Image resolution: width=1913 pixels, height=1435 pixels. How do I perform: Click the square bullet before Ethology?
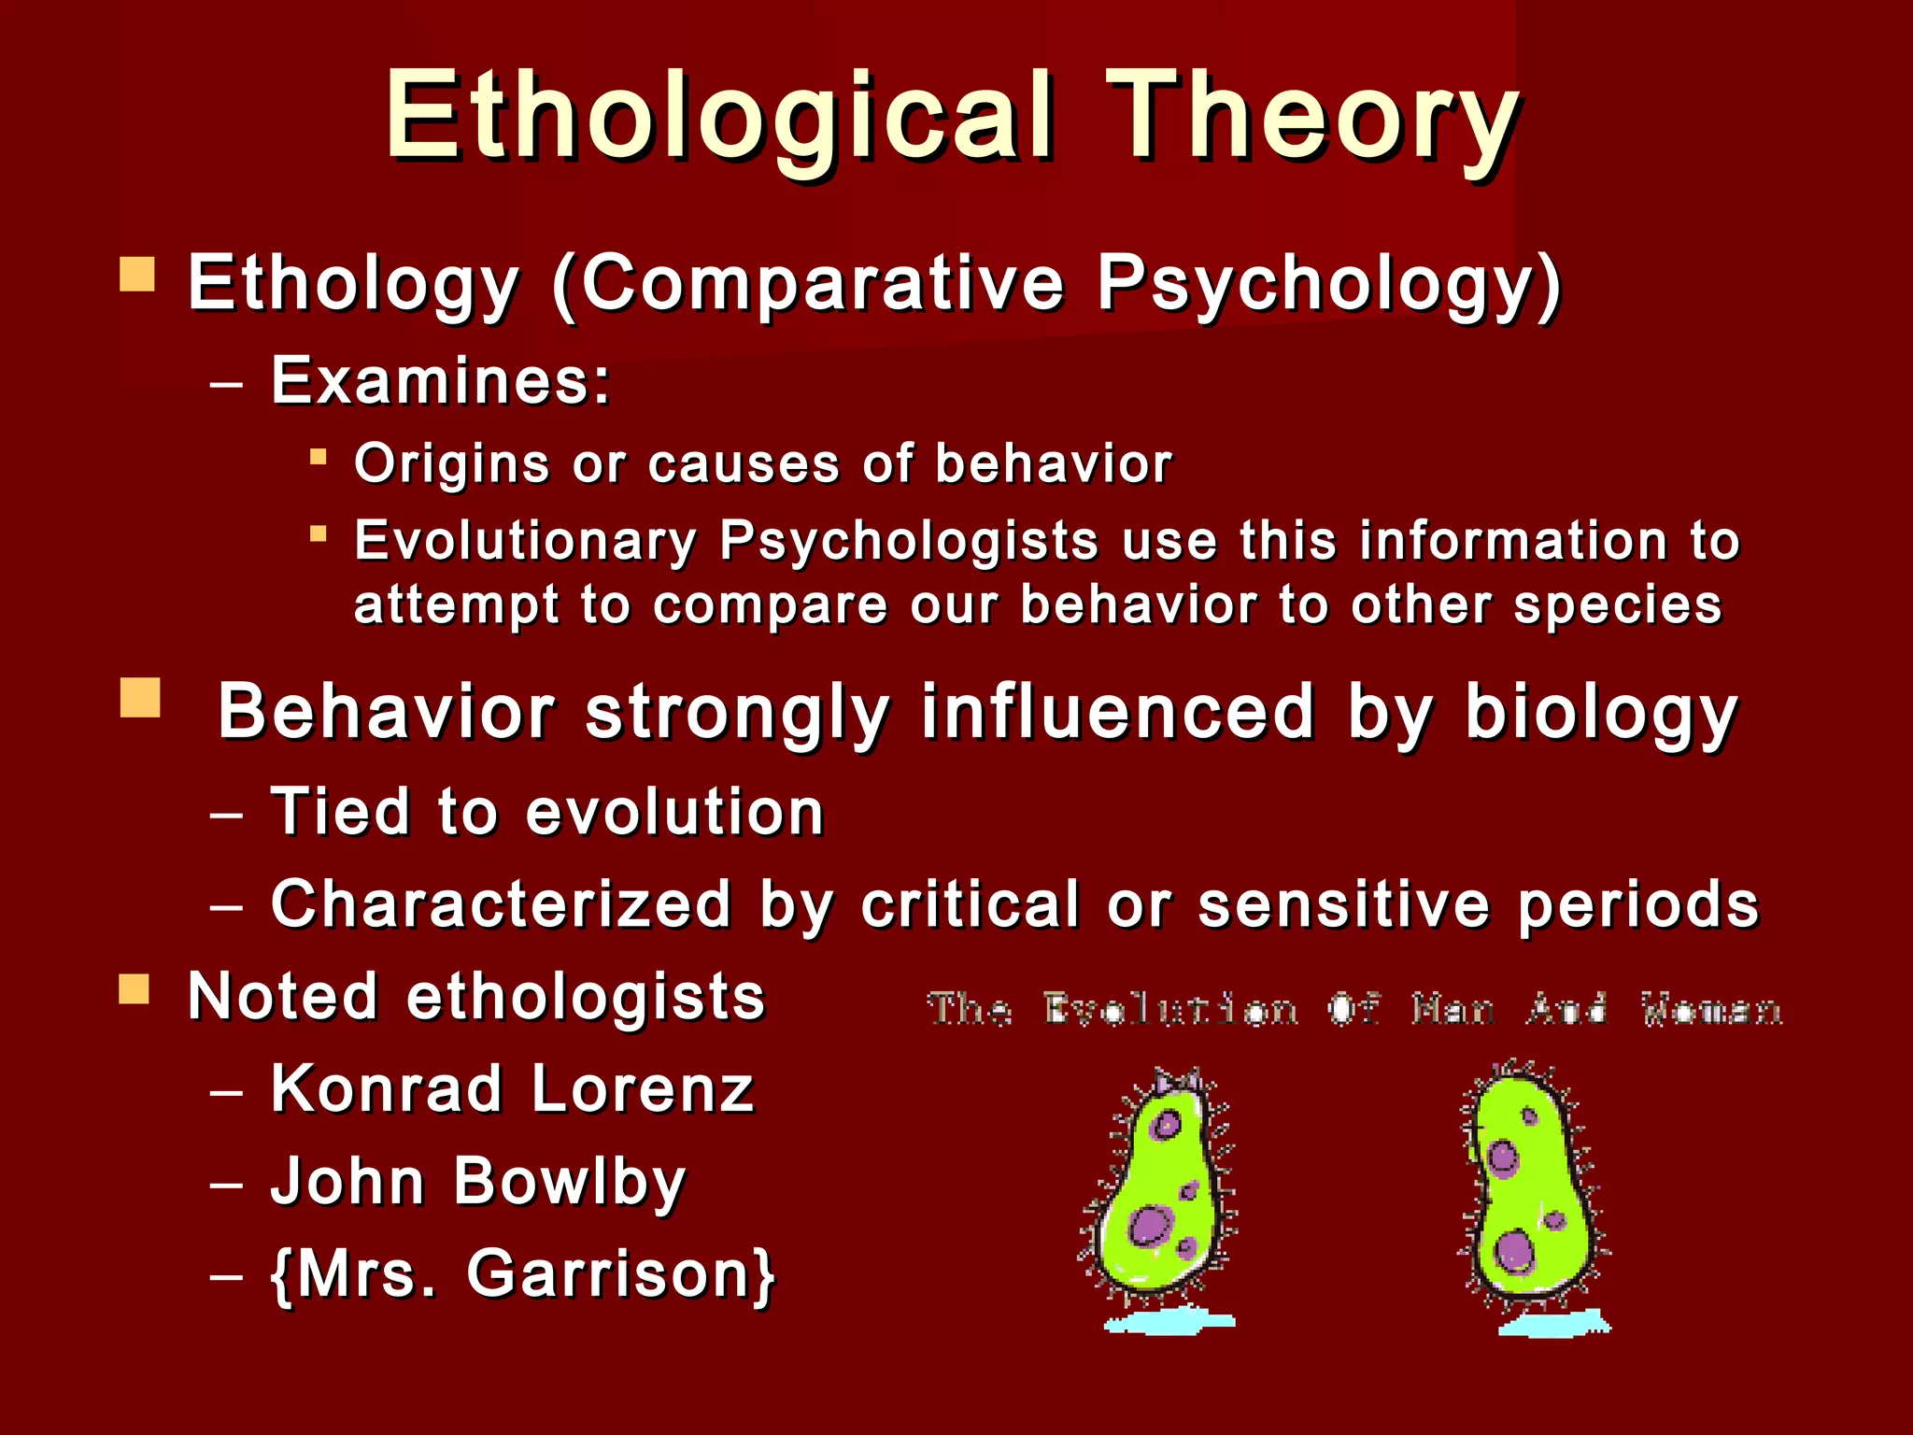tap(137, 275)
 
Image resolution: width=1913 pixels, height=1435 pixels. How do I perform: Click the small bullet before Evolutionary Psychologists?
tap(319, 534)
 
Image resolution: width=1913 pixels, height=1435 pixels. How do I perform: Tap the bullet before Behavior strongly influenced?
tap(140, 698)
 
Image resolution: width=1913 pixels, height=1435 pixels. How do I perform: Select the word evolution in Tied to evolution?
tap(674, 811)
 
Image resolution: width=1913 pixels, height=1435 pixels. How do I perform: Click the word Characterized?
tap(501, 904)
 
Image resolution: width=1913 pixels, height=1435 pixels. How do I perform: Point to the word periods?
tap(1637, 904)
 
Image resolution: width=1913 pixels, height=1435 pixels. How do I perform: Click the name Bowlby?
tap(570, 1182)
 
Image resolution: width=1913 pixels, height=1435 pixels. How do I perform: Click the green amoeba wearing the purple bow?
tap(1158, 1196)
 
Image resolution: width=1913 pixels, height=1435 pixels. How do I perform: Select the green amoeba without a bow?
tap(1530, 1196)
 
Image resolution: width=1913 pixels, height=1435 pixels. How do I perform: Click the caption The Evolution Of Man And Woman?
tap(1354, 1010)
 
